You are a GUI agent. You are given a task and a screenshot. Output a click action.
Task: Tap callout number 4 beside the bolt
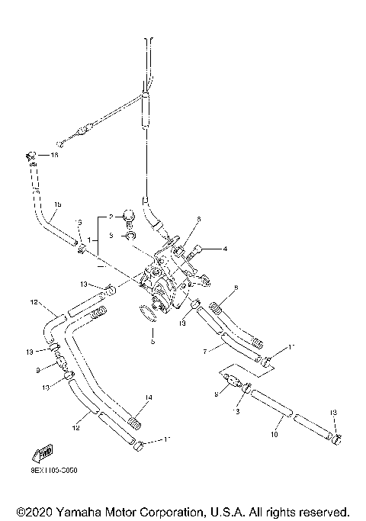pos(224,249)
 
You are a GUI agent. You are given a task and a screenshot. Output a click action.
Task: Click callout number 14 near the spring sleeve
pos(149,397)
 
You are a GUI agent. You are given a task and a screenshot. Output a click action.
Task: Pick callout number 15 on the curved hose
pos(57,205)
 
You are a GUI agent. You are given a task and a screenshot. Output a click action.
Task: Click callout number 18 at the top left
pos(53,155)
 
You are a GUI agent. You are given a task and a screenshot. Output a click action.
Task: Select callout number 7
pos(204,351)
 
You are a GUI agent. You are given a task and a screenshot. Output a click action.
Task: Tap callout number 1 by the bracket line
pos(90,240)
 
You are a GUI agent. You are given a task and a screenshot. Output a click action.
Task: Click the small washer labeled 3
pos(130,236)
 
